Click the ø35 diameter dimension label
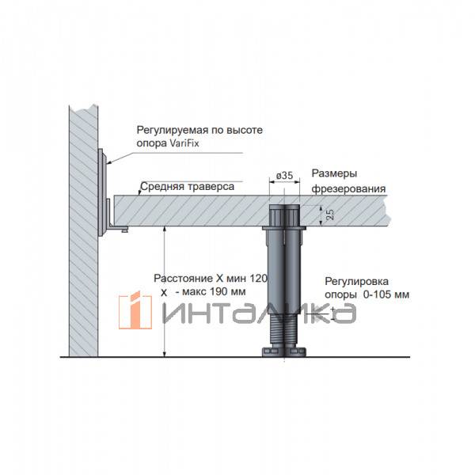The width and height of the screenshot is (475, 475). pyautogui.click(x=284, y=176)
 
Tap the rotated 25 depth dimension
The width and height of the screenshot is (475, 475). pyautogui.click(x=330, y=215)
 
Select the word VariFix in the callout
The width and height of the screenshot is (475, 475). pyautogui.click(x=184, y=143)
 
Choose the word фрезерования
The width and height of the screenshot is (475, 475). pyautogui.click(x=348, y=189)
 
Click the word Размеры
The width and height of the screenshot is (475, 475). pyautogui.click(x=334, y=174)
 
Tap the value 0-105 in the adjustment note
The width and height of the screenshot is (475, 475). pyautogui.click(x=377, y=294)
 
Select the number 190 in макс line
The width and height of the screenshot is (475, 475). pyautogui.click(x=218, y=291)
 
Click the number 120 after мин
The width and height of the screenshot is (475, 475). pyautogui.click(x=258, y=278)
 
